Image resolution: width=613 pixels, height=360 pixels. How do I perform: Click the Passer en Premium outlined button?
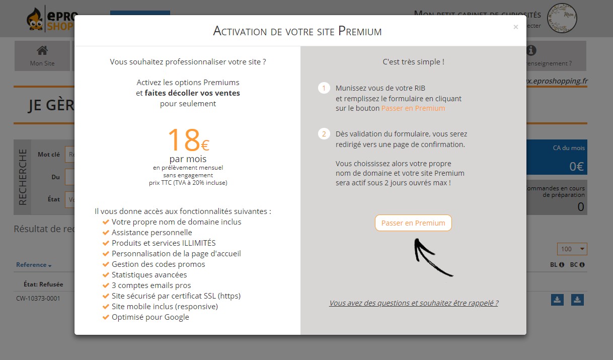(x=413, y=223)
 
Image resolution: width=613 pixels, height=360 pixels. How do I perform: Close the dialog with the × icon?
(x=515, y=27)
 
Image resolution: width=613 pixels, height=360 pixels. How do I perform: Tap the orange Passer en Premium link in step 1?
(x=413, y=108)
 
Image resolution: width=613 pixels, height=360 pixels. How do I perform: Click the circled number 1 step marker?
(x=324, y=88)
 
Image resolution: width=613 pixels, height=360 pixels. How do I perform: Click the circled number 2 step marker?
(x=324, y=134)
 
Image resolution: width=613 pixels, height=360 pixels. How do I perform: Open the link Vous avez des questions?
(x=413, y=303)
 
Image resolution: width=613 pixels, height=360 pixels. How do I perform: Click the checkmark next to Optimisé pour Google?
(x=106, y=317)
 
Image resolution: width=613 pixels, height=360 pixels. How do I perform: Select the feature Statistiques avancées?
(x=149, y=275)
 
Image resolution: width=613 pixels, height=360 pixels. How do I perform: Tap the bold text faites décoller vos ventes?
(x=192, y=93)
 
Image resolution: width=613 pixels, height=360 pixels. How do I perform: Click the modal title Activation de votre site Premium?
(x=297, y=31)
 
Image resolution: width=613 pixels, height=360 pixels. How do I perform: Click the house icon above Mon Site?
(x=42, y=50)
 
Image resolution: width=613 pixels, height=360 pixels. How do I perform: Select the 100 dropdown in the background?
(x=572, y=249)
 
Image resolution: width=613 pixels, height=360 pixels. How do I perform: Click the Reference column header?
(x=33, y=265)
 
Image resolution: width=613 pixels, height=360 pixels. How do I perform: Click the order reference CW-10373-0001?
(x=38, y=299)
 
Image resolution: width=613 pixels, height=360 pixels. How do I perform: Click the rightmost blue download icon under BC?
(x=577, y=300)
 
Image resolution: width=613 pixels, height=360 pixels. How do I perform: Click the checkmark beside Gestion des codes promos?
(x=106, y=264)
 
